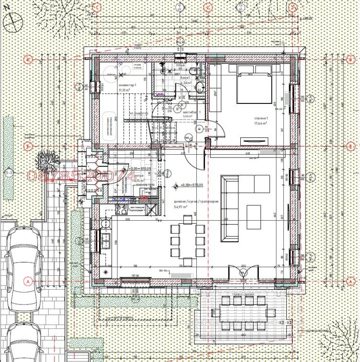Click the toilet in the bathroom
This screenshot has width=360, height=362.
202,89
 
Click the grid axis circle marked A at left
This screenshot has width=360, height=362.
28,280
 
